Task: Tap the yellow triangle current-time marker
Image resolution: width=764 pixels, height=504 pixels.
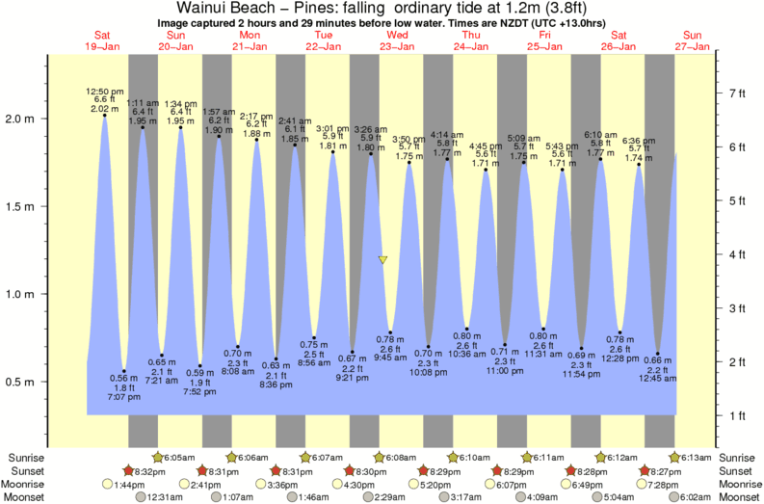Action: click(x=383, y=260)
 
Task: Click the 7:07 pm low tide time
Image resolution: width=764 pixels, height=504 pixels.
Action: click(x=119, y=396)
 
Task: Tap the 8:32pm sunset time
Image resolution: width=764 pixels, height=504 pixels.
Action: click(x=145, y=470)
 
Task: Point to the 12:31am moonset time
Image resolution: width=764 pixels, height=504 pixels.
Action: click(x=165, y=497)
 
